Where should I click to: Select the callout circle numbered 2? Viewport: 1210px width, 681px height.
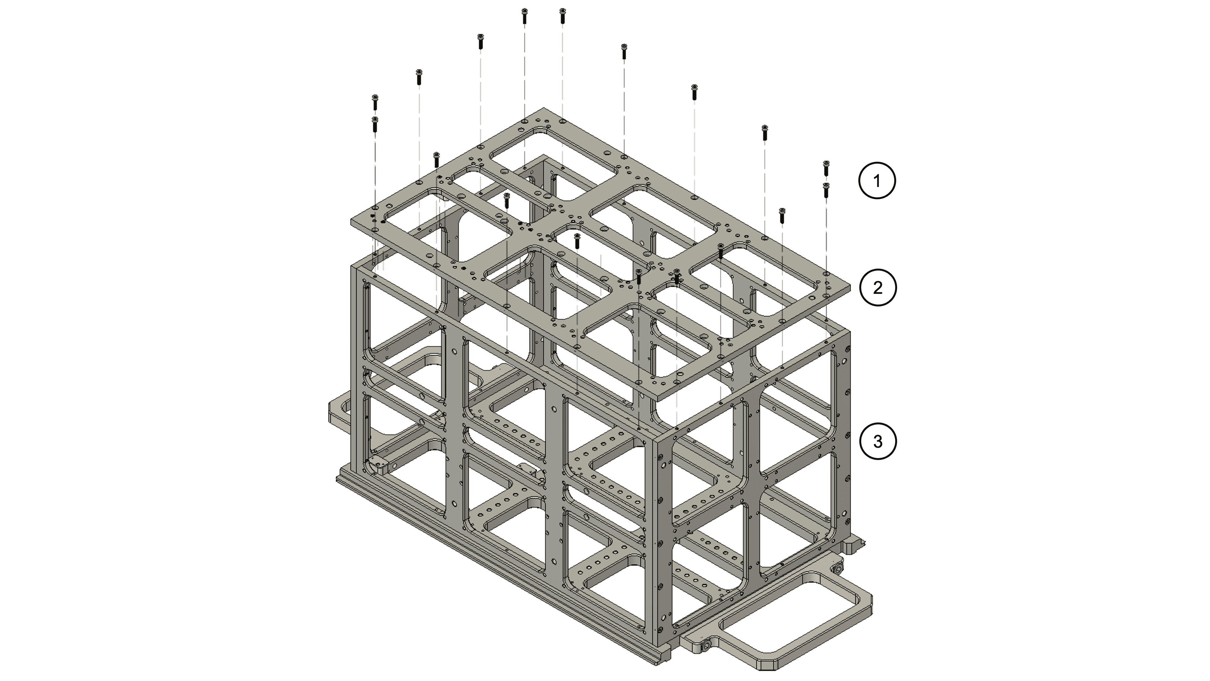(878, 288)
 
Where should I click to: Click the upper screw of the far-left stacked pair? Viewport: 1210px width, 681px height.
(375, 102)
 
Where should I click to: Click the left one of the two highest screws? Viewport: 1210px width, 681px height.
(524, 16)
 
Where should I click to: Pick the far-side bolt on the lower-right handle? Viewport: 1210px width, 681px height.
(837, 570)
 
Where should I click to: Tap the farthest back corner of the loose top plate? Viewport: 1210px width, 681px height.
(544, 108)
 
